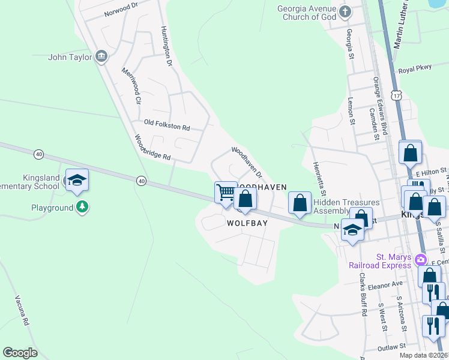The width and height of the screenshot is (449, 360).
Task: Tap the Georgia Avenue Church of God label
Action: pos(306,13)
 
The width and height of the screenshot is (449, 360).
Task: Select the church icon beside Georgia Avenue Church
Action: pos(345,11)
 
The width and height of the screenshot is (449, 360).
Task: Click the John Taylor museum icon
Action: pos(101,57)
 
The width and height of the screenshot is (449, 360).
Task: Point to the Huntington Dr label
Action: pos(166,46)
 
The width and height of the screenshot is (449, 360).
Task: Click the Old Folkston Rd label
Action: pos(167,124)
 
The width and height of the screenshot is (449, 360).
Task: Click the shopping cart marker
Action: pos(226,193)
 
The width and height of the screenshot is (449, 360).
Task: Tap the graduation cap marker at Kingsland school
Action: pos(77,180)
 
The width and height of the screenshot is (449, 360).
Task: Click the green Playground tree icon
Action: pos(82,208)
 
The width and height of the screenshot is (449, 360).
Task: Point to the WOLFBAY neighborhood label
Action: pos(247,223)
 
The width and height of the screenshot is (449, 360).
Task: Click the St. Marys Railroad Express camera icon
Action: pos(421,260)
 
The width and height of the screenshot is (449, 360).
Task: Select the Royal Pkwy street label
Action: pos(415,68)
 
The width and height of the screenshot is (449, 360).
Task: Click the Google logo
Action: pos(20,353)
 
